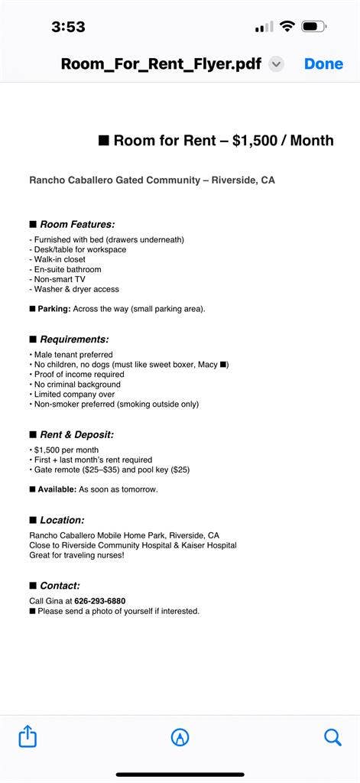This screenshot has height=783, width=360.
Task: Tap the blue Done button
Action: [323, 63]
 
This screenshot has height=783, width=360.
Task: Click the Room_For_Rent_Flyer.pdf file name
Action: [161, 63]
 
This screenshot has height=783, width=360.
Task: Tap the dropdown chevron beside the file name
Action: [277, 64]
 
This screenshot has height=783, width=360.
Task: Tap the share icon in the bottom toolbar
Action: [28, 737]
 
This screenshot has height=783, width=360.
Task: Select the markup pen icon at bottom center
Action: [180, 737]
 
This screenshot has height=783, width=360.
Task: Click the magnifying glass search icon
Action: [332, 737]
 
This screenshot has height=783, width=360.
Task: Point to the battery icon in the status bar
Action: [314, 27]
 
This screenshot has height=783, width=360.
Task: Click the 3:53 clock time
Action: [68, 27]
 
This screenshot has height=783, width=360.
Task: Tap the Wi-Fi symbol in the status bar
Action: [287, 27]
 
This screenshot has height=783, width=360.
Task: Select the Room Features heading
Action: [77, 224]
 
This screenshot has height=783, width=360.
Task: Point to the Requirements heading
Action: [74, 339]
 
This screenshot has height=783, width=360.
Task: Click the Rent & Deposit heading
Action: [76, 434]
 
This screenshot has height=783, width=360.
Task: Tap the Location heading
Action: [62, 520]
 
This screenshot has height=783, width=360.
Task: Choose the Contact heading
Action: [60, 586]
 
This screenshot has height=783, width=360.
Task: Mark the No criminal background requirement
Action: [76, 384]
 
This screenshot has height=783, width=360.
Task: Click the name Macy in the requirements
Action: [206, 365]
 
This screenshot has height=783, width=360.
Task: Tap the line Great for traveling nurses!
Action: [77, 555]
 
